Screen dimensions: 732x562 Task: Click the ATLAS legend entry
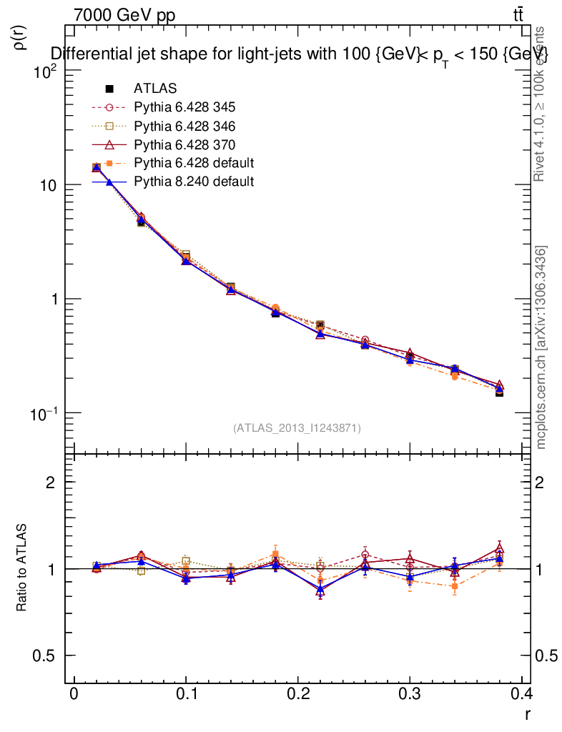[155, 89]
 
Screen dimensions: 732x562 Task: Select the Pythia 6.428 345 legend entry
[184, 107]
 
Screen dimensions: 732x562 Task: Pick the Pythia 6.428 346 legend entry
[184, 126]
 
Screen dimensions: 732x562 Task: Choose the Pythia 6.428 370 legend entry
[184, 144]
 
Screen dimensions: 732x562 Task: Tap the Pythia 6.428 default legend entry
[194, 163]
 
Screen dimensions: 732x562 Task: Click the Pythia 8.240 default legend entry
[194, 182]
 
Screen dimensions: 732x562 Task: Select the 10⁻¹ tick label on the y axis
[46, 414]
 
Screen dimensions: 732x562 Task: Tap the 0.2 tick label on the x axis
[297, 694]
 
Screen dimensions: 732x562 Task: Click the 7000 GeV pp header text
[125, 15]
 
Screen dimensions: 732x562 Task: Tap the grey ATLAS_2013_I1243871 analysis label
[297, 428]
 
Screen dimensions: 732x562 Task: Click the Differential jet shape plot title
[299, 54]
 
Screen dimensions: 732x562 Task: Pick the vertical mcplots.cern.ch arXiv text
[541, 347]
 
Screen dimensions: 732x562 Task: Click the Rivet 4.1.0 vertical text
[541, 104]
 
